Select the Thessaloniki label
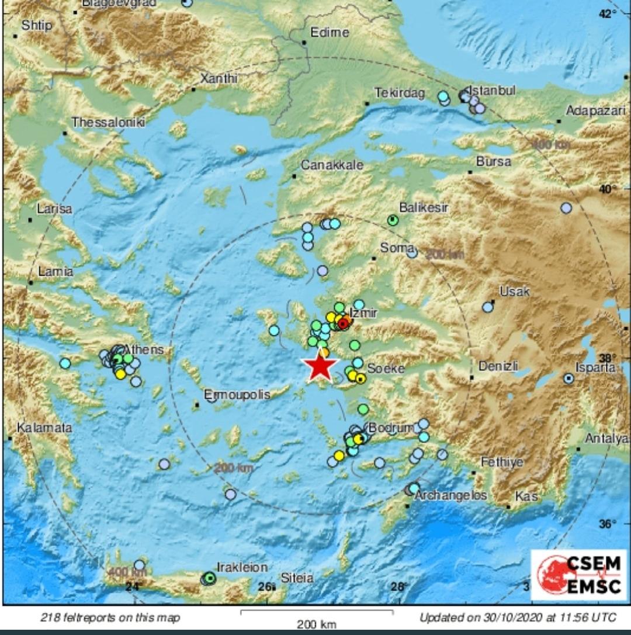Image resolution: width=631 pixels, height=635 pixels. tap(108, 122)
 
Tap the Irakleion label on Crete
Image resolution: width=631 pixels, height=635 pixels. tap(242, 567)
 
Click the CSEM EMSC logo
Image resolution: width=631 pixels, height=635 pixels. tap(578, 575)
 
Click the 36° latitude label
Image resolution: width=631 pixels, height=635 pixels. tap(608, 523)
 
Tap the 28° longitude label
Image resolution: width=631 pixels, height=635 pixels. tap(398, 587)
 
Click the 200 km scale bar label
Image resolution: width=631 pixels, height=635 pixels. tap(316, 624)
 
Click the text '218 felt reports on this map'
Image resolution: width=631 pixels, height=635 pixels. tap(110, 617)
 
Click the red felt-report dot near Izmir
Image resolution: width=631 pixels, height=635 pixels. tap(344, 324)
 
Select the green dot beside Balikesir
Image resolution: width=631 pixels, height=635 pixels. tap(393, 220)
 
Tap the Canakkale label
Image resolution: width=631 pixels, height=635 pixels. tap(332, 165)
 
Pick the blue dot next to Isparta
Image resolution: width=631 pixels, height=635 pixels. tap(568, 379)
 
